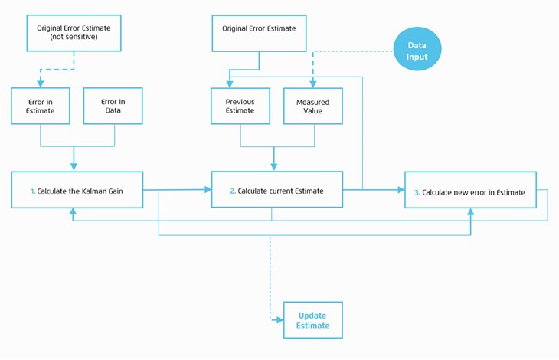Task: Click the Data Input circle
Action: [417, 49]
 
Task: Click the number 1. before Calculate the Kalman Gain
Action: [33, 191]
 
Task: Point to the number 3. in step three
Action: [417, 192]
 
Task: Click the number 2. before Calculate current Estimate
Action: [233, 191]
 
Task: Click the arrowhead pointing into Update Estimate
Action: [279, 320]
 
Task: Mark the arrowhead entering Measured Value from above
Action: [313, 84]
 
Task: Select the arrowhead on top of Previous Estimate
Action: [230, 84]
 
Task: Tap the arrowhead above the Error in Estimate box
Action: [41, 83]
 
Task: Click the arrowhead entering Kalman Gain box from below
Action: [73, 211]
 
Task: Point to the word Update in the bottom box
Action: [312, 316]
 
